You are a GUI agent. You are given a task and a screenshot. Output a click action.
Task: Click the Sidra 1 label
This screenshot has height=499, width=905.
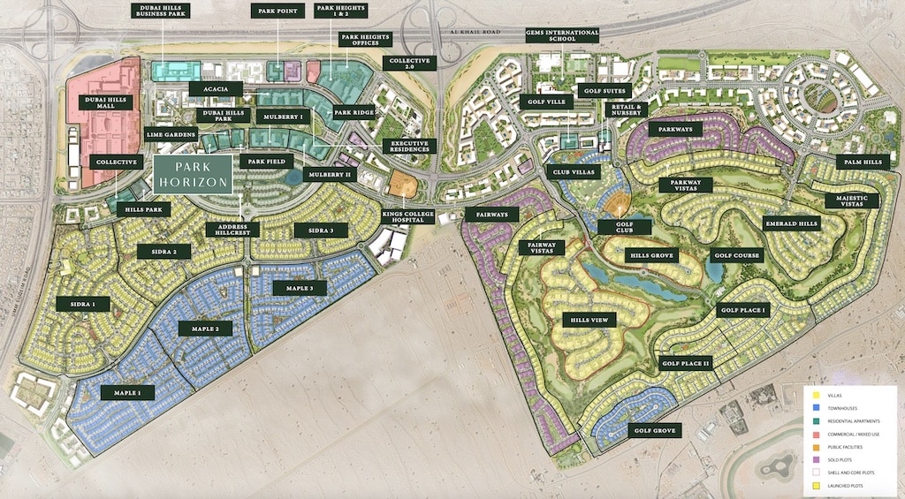83,304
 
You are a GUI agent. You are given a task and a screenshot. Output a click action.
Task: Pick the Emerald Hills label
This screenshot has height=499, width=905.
791,223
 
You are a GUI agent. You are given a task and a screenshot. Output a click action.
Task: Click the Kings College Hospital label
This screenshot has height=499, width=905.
407,216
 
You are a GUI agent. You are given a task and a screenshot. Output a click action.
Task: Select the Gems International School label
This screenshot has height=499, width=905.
562,35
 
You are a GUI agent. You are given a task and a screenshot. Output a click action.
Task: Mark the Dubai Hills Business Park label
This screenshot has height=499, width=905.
163,11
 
